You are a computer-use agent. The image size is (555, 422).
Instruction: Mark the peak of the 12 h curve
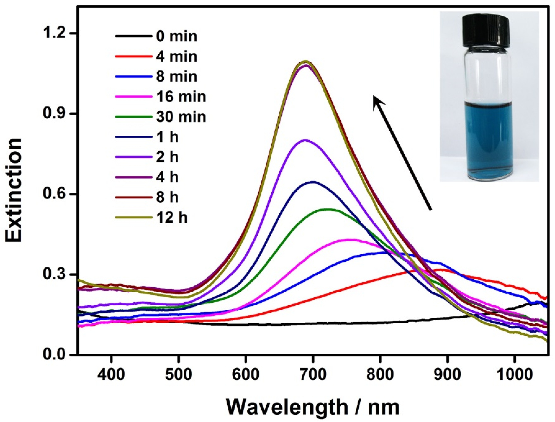pyautogui.click(x=306, y=61)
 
